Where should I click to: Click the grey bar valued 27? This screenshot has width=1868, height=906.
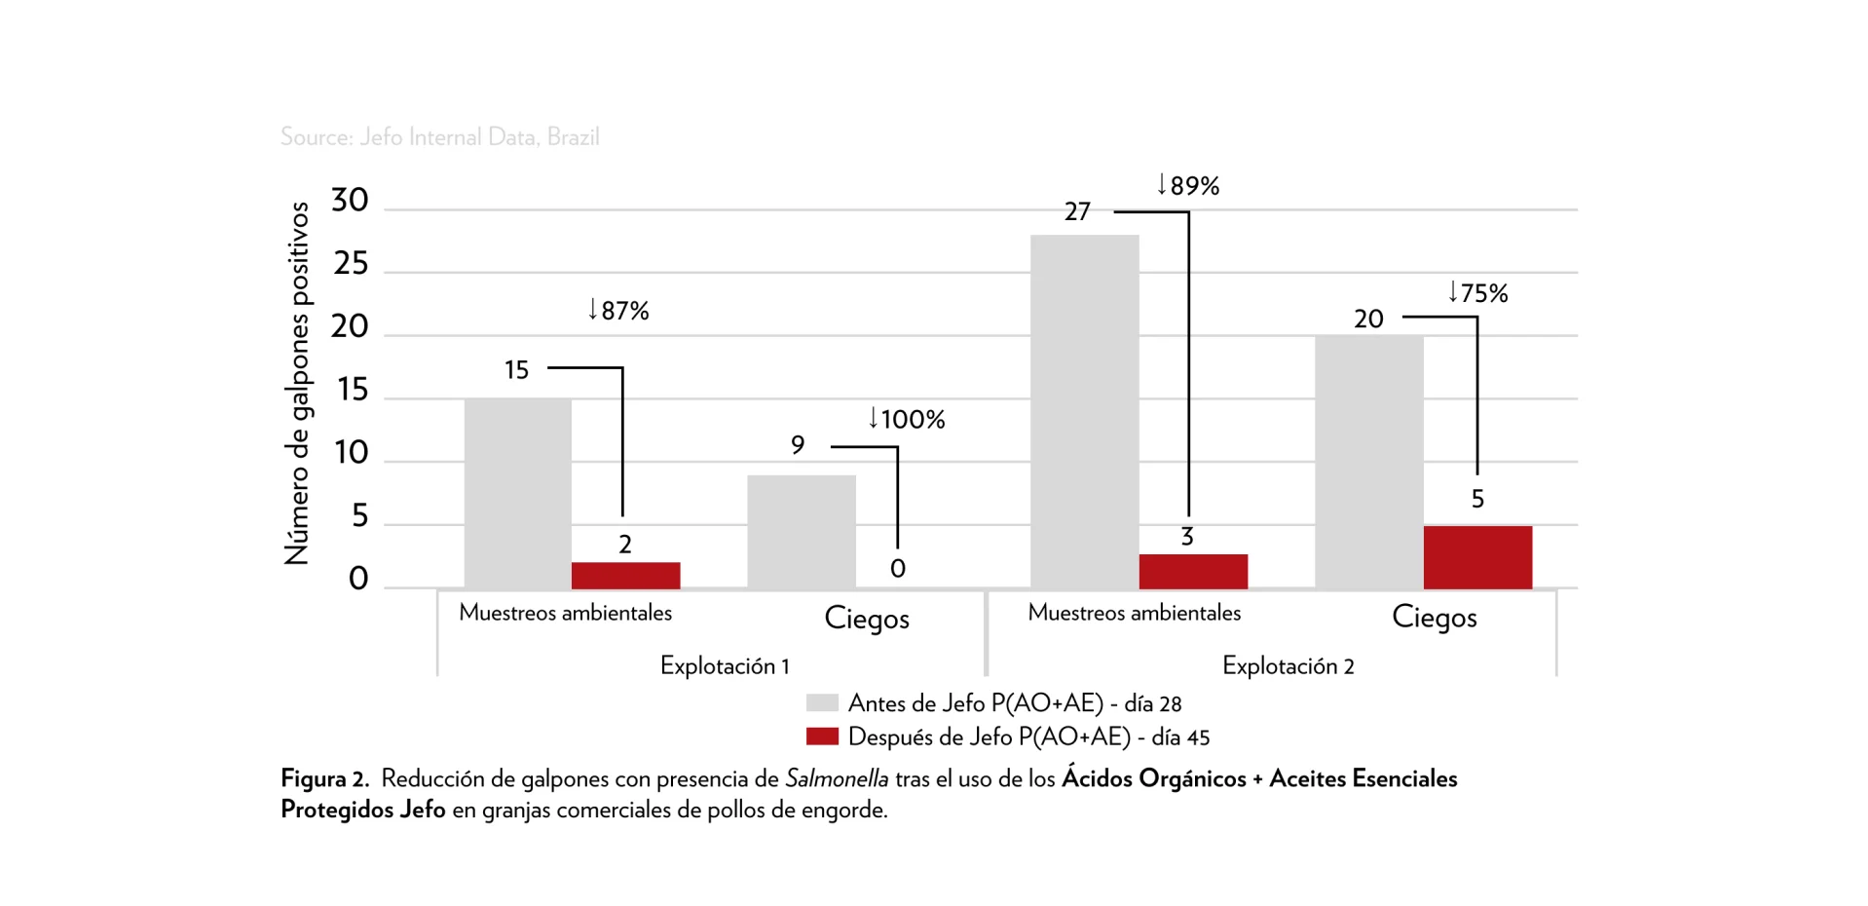tap(1084, 411)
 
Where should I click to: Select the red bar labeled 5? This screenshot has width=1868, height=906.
tap(1476, 557)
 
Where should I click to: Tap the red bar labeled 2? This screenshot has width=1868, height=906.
tap(625, 575)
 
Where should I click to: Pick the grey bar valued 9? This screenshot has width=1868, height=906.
tap(801, 531)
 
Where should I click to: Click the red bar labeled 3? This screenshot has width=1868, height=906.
tap(1192, 571)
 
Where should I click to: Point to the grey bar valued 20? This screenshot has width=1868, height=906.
tap(1368, 461)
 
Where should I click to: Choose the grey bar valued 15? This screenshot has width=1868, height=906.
tap(517, 493)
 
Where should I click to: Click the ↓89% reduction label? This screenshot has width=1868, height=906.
tap(1187, 185)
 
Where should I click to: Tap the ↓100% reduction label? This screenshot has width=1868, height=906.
tap(906, 419)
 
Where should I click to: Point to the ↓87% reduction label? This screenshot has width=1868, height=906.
tap(617, 310)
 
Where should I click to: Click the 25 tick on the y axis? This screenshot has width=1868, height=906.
tap(351, 263)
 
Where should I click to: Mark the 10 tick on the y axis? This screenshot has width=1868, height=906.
tap(351, 452)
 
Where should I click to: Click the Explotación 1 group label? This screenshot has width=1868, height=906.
tap(725, 665)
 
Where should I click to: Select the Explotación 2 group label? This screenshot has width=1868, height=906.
tap(1288, 665)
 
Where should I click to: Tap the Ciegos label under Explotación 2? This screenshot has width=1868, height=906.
tap(1434, 617)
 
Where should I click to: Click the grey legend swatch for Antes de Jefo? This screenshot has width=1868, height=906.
tap(822, 702)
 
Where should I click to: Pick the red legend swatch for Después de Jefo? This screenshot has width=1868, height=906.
tap(822, 736)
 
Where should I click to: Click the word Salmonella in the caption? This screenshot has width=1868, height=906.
tap(837, 778)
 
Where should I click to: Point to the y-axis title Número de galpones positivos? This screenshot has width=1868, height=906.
tap(297, 383)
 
